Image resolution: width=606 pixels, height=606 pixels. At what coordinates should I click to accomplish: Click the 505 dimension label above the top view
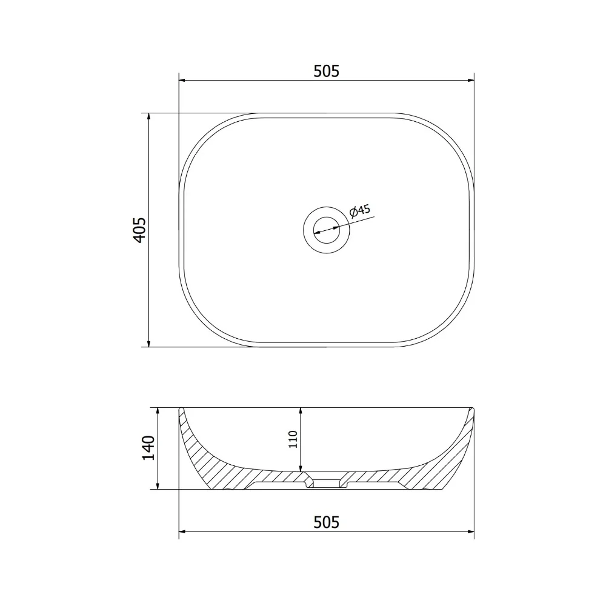(326, 71)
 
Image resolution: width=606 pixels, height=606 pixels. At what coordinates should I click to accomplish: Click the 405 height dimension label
(139, 230)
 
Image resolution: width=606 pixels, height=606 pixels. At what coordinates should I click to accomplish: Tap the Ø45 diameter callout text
(360, 211)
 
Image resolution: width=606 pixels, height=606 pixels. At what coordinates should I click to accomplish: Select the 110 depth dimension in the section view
(293, 439)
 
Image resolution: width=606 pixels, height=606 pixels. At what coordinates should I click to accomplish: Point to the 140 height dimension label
(148, 448)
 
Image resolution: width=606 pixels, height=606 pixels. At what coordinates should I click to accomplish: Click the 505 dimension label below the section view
(326, 522)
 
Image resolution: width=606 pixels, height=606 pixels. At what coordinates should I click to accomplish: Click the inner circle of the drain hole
(327, 230)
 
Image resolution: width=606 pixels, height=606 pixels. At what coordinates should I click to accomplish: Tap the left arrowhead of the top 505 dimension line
(182, 81)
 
